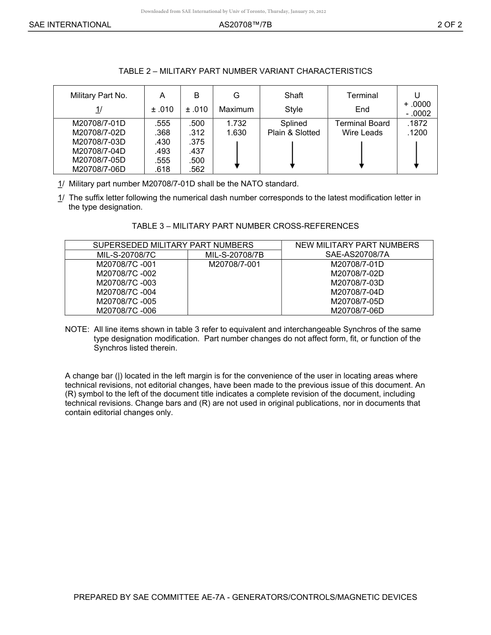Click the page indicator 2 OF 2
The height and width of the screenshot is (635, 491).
point(449,24)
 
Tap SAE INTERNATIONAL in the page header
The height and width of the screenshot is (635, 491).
point(70,24)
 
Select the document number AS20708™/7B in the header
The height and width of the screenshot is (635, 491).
point(245,24)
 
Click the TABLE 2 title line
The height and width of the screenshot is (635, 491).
point(245,71)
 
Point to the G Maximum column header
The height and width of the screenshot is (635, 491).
point(236,102)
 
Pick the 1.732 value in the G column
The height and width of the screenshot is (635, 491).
point(236,123)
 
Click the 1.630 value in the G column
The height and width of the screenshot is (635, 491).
point(236,133)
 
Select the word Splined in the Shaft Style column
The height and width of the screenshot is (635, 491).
point(294,123)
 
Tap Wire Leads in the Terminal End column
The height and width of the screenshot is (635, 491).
point(362,133)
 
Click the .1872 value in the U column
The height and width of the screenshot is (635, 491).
point(417,123)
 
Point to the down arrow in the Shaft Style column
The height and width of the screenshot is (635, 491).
point(293,154)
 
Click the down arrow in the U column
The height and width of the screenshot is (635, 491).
point(416,154)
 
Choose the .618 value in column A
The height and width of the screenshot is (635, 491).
point(162,169)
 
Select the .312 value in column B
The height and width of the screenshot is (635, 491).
point(197,133)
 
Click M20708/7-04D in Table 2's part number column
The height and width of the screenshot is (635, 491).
point(99,151)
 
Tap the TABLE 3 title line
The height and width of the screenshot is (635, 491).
point(245,226)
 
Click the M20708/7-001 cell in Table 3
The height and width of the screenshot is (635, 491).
point(235,264)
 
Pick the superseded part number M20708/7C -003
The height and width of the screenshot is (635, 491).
point(126,283)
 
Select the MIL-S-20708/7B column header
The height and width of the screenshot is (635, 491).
point(235,255)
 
